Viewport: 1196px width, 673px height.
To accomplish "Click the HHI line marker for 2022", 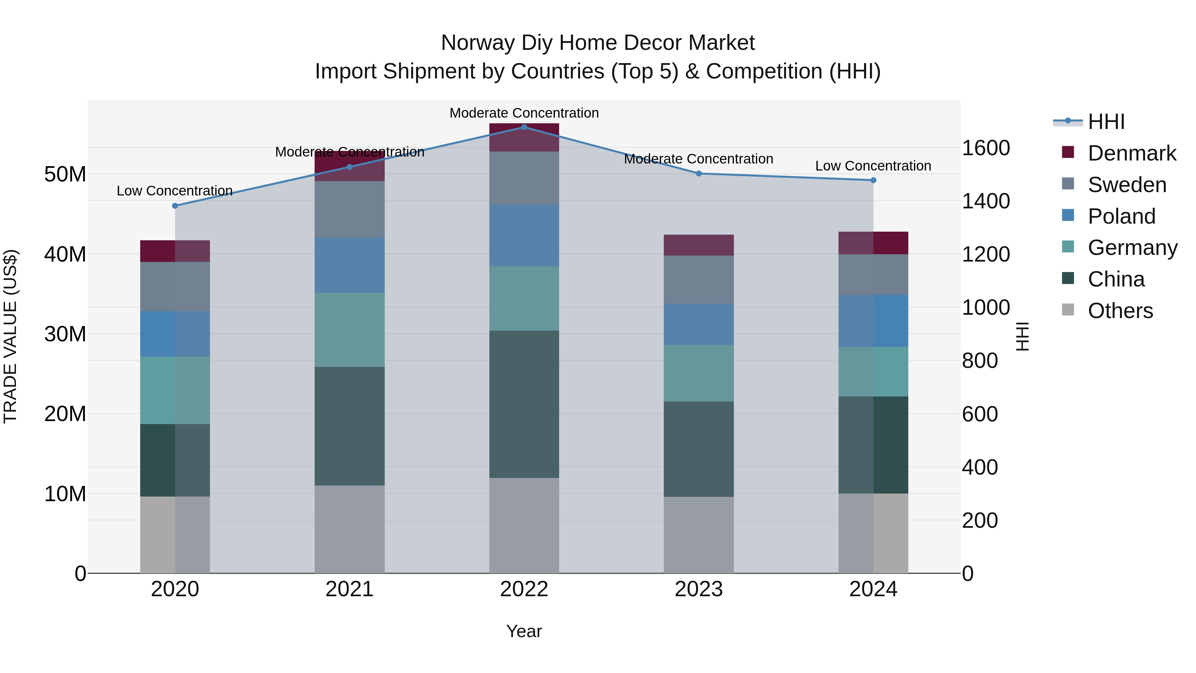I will [524, 127].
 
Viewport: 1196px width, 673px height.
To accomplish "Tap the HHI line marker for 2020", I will [175, 206].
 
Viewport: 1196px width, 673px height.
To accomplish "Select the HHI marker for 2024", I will [873, 180].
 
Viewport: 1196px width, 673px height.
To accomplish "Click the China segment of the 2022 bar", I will [524, 404].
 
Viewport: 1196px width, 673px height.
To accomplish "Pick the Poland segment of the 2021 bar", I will [349, 265].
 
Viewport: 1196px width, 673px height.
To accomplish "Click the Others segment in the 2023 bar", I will [699, 535].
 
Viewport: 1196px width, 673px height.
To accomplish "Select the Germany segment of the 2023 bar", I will [699, 373].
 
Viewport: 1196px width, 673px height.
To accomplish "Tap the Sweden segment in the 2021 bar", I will [349, 209].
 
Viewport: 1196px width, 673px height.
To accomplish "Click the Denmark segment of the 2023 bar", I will [699, 245].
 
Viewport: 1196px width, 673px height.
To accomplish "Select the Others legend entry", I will [1120, 311].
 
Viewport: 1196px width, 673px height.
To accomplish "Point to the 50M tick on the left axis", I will [65, 174].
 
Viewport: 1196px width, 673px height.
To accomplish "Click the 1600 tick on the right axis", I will [986, 148].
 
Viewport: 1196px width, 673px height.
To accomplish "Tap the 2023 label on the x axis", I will [699, 589].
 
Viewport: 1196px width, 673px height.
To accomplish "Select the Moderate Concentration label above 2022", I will [524, 113].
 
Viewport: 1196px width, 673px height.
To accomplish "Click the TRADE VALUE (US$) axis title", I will [10, 336].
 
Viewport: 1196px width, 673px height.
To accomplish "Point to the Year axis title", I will [524, 631].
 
